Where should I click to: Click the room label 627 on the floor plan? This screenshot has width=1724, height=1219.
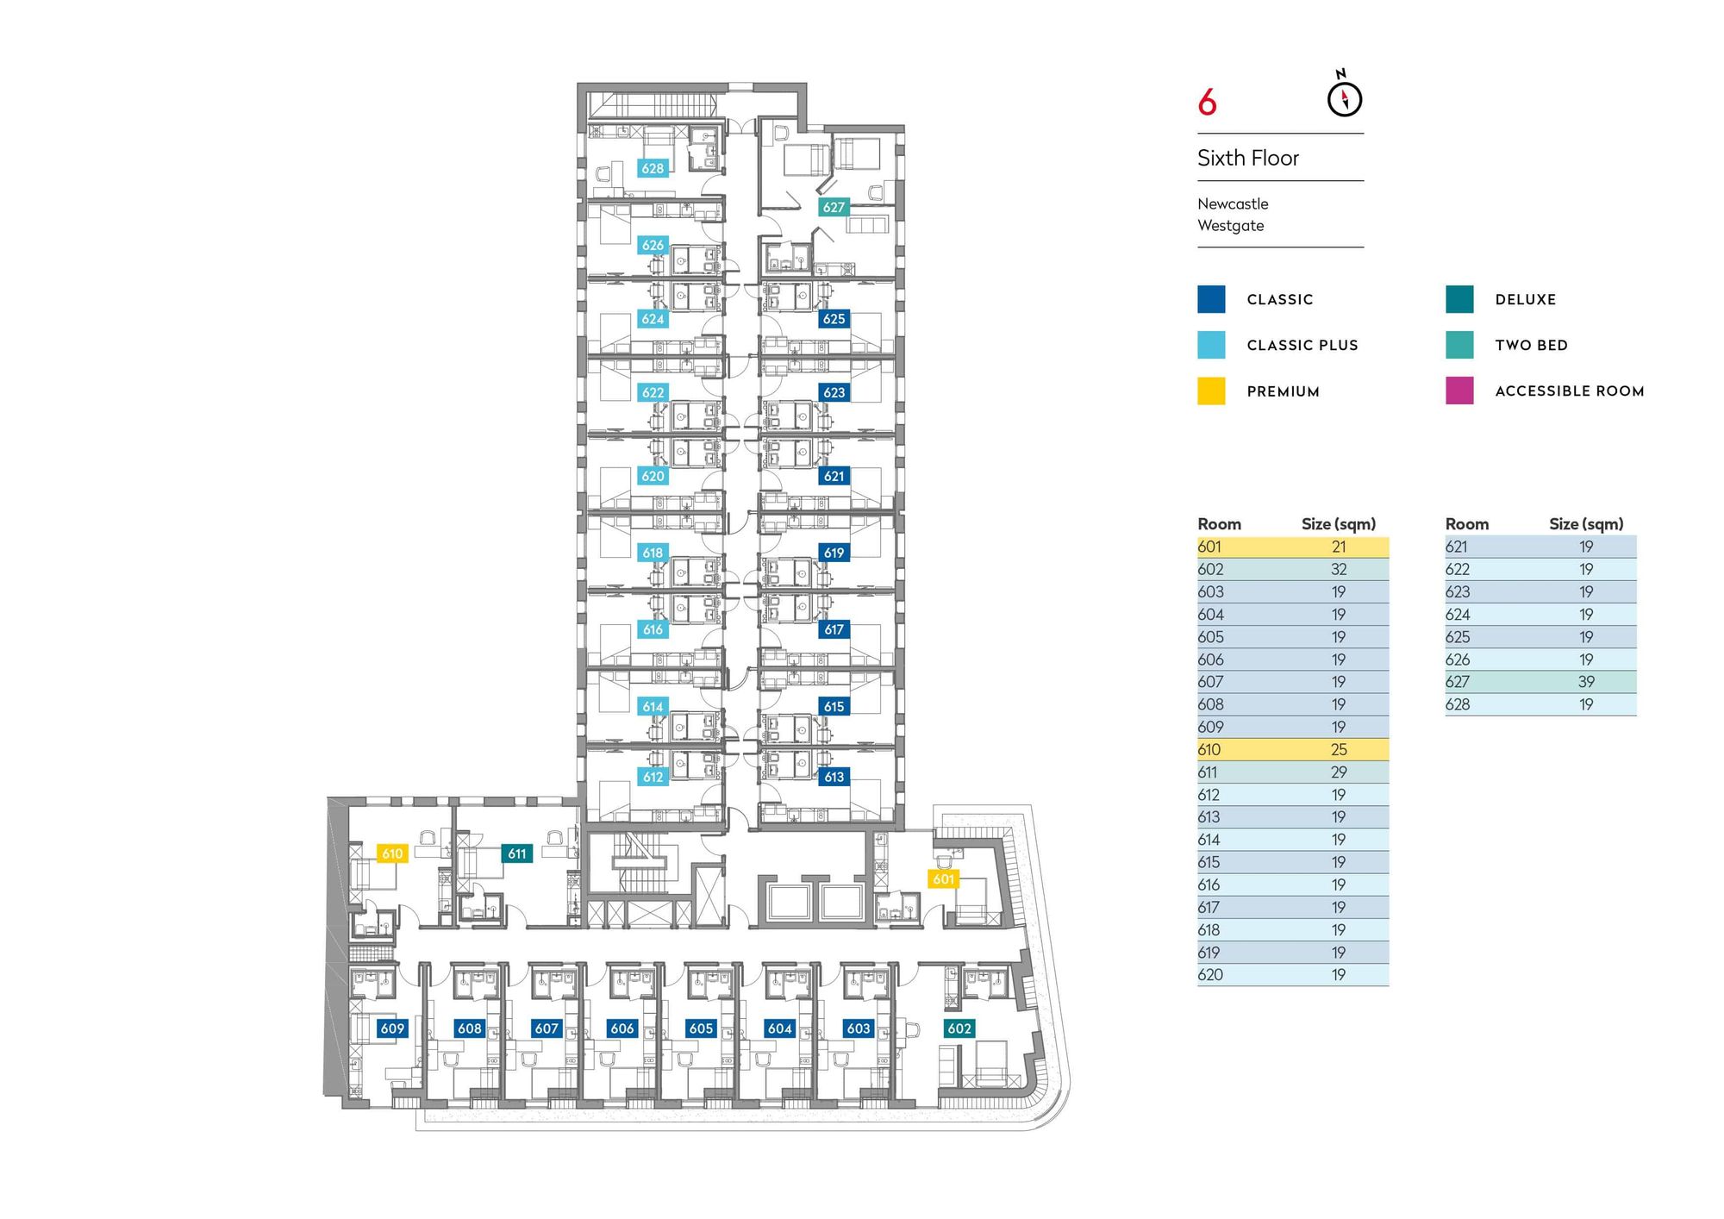[834, 207]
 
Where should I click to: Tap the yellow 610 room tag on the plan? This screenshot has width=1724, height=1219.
[392, 853]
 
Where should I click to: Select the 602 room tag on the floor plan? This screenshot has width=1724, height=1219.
[959, 1028]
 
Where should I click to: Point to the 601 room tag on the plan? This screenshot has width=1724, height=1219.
[944, 878]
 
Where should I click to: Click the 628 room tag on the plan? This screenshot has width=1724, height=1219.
[653, 168]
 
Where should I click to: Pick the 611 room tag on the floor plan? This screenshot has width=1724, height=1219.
[517, 853]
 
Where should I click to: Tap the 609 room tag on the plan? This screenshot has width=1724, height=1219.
[392, 1028]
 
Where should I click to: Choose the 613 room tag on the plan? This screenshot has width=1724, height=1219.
[834, 777]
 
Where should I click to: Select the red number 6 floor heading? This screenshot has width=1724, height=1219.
[1207, 103]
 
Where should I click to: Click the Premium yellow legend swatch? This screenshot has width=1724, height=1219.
[1211, 391]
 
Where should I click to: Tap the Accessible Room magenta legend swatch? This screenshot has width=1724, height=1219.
[1459, 391]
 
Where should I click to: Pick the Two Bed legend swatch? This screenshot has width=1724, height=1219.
[1459, 345]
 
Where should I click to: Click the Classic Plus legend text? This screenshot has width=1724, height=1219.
[1302, 345]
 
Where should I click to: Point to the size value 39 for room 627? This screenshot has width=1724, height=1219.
[1586, 682]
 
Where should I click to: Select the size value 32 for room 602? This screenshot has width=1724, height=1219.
[1339, 569]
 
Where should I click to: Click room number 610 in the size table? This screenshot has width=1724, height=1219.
[1209, 749]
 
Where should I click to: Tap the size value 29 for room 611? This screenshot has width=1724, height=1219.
[1339, 772]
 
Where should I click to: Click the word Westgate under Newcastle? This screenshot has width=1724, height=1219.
[1231, 226]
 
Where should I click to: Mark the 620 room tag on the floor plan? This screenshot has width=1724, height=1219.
[653, 476]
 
